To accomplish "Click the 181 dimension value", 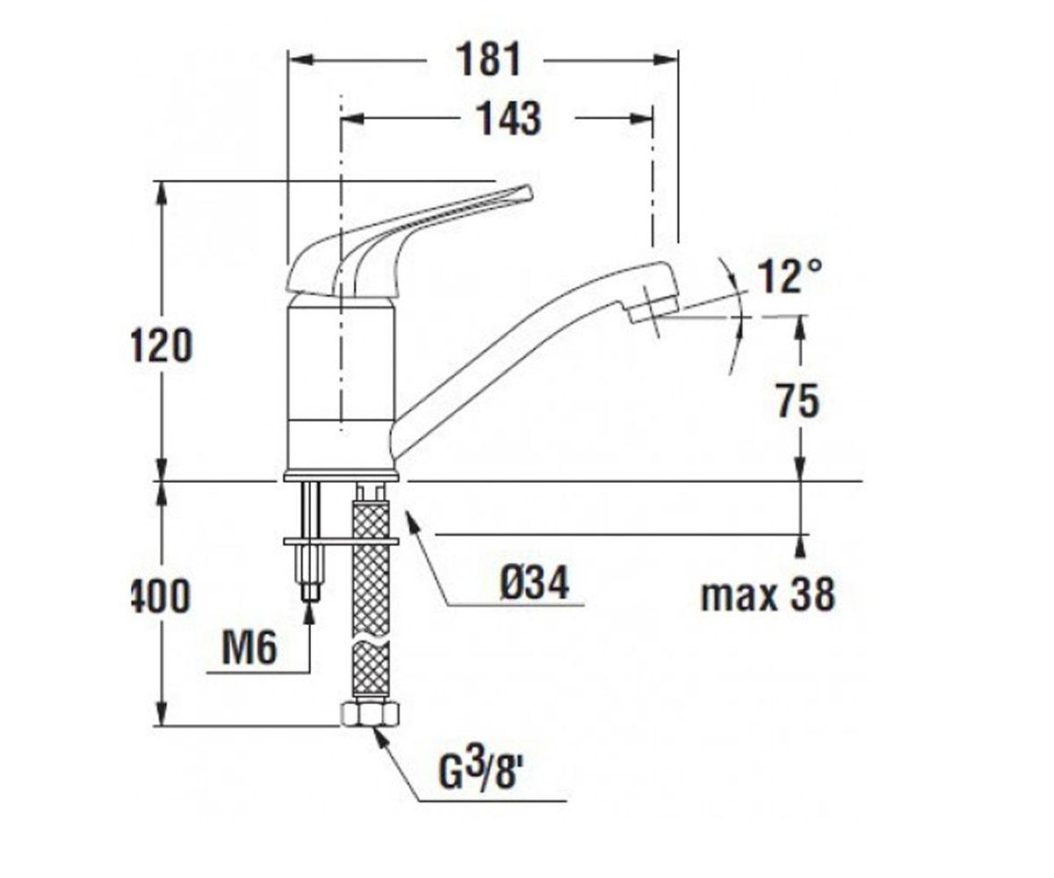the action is pos(487,60).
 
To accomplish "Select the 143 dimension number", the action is pos(509,119).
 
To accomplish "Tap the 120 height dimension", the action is pos(162,345).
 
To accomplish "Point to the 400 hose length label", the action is pos(162,595).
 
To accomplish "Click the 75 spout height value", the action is pos(798,400).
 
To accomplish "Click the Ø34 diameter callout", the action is pos(535,582).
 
